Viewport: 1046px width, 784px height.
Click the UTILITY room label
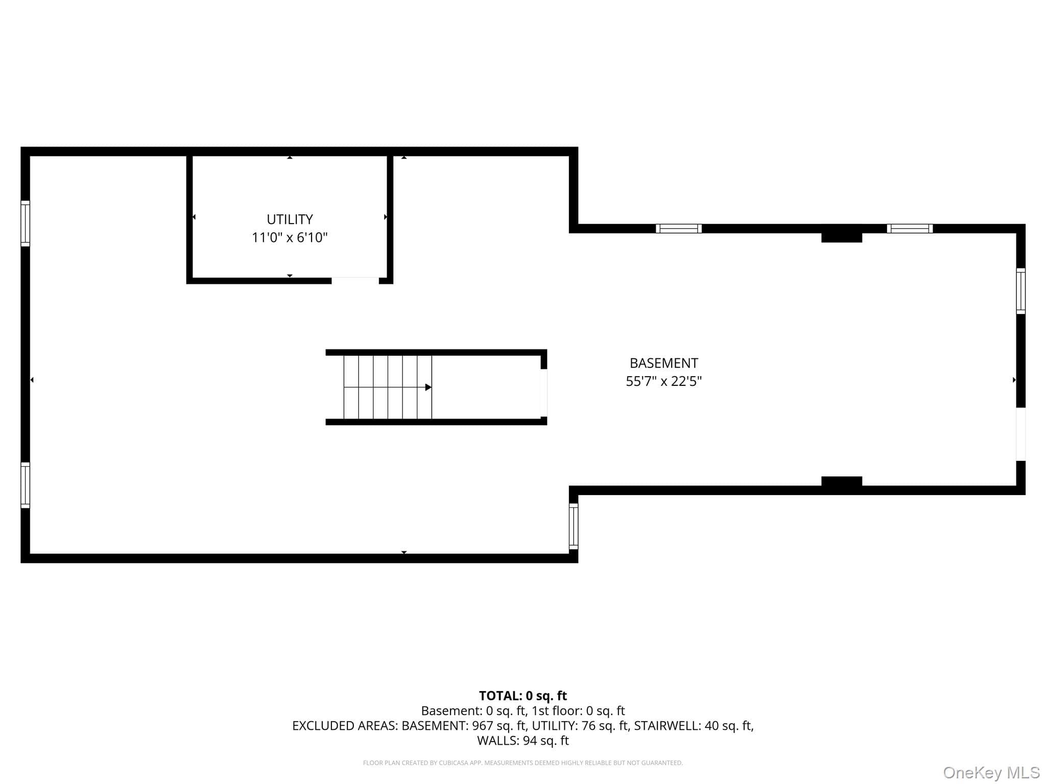[290, 219]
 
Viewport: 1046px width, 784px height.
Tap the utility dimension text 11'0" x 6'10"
[290, 238]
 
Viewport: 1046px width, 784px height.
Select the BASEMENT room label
[663, 363]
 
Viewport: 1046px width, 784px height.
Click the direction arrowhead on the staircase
[429, 387]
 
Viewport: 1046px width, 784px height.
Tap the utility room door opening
[355, 280]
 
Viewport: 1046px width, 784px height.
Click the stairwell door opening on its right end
[544, 393]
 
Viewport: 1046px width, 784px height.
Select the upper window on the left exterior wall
[25, 224]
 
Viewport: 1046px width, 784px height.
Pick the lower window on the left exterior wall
[25, 485]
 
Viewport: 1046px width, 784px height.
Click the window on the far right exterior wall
[1020, 291]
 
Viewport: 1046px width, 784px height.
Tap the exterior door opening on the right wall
[1020, 434]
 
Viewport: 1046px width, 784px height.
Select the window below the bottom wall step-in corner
[574, 527]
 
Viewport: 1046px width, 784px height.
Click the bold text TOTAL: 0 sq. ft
[523, 696]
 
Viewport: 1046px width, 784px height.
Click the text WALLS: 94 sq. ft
[523, 741]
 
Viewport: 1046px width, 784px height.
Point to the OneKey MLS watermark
[991, 773]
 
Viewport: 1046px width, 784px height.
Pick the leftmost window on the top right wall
[679, 229]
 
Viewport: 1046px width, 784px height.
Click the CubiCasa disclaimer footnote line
[523, 763]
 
